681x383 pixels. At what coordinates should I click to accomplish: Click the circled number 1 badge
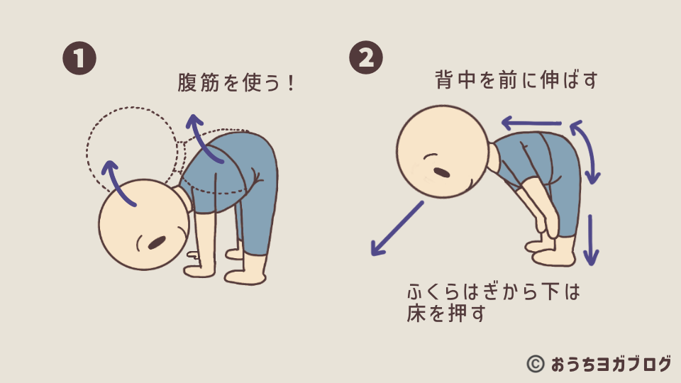pyautogui.click(x=79, y=58)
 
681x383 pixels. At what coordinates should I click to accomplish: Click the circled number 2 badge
pyautogui.click(x=366, y=57)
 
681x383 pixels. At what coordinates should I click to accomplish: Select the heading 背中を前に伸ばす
pyautogui.click(x=516, y=80)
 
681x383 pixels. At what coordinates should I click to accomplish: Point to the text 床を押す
pyautogui.click(x=446, y=313)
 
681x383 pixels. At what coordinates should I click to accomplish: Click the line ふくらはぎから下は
pyautogui.click(x=494, y=292)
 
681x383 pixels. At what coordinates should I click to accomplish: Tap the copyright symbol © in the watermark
pyautogui.click(x=536, y=364)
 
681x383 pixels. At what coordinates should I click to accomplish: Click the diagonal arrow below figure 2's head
pyautogui.click(x=397, y=228)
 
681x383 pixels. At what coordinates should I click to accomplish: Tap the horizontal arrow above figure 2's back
pyautogui.click(x=531, y=123)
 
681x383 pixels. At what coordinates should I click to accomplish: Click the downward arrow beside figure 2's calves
pyautogui.click(x=591, y=240)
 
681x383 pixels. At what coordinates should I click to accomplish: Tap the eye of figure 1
pyautogui.click(x=157, y=243)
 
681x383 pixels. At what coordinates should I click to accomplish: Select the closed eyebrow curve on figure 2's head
pyautogui.click(x=431, y=156)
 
